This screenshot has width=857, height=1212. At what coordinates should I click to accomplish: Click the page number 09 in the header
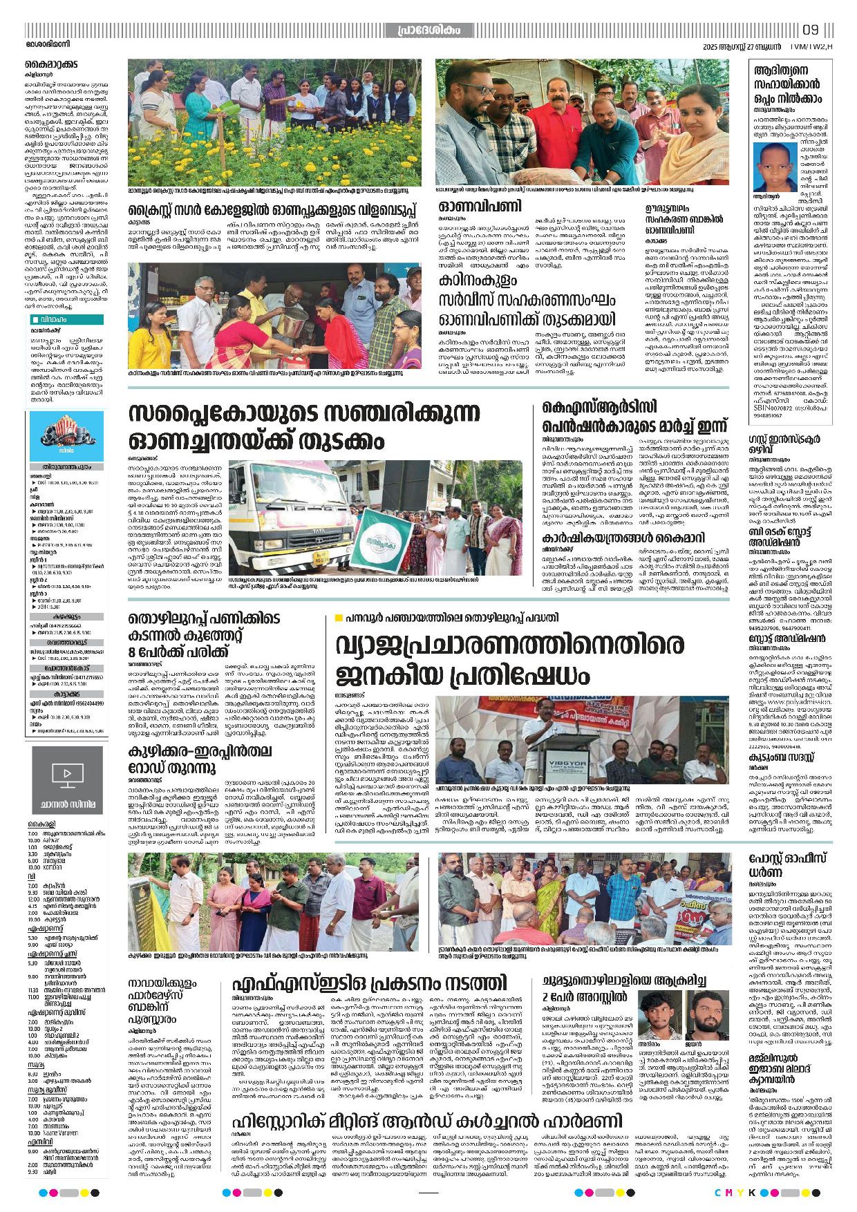tap(811, 30)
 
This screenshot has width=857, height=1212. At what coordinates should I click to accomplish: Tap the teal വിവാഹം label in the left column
tap(67, 319)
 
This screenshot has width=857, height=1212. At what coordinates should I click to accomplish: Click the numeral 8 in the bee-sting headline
tap(133, 652)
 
